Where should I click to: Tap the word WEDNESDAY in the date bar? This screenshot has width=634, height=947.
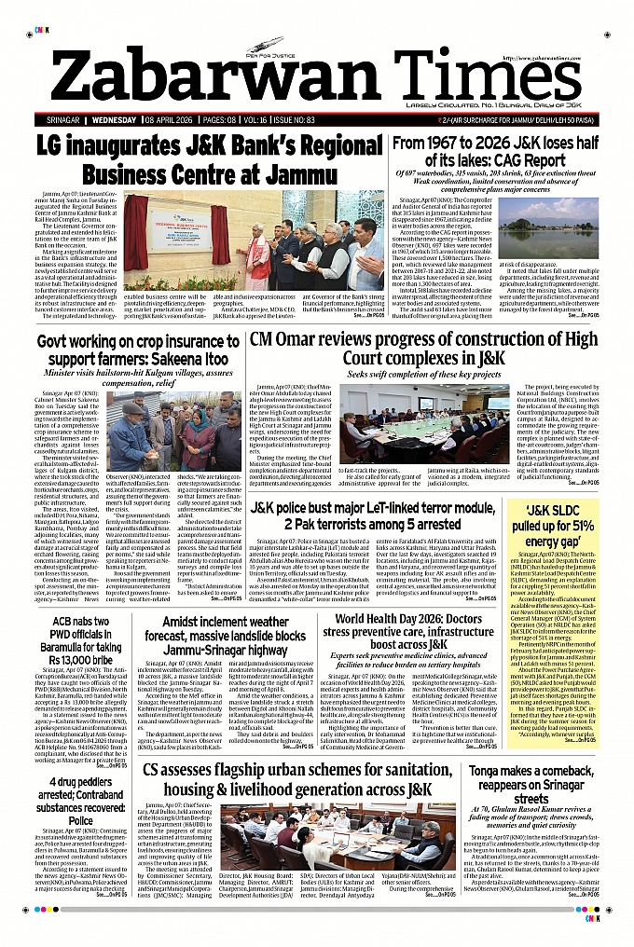(x=114, y=121)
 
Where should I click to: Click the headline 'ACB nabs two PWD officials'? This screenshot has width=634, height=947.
(x=74, y=639)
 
